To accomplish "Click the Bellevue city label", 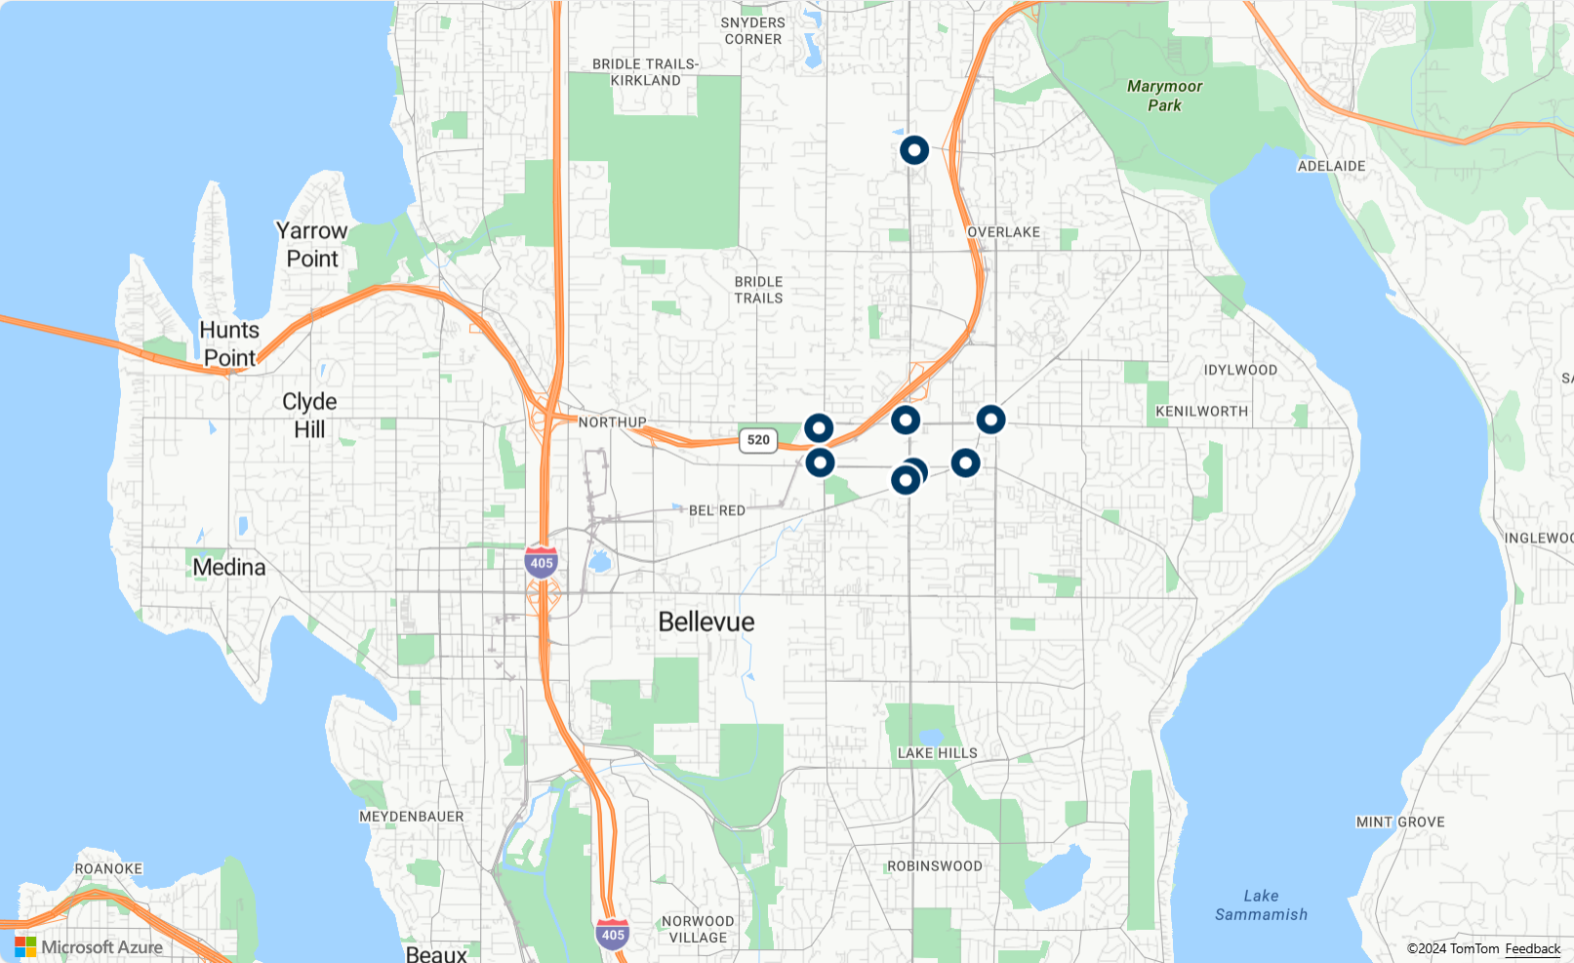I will pos(706,622).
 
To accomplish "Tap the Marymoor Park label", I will pos(1164,96).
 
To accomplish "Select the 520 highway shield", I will pos(758,440).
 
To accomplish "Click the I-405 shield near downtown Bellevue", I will pos(541,563).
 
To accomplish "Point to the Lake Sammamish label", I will pos(1261,904).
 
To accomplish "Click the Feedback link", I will pos(1532,948).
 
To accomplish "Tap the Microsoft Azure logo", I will pos(89,946).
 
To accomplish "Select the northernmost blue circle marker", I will pos(913,150).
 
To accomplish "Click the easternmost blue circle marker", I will pos(990,420).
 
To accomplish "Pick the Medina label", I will pos(229,567).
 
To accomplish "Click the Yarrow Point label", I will pos(311,245).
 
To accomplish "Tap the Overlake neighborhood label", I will pos(1003,232).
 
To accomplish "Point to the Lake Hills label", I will pos(937,753).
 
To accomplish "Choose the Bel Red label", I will pos(716,510).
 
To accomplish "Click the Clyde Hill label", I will pos(309,415).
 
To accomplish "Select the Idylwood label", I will pos(1239,370).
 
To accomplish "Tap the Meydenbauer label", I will pos(411,817).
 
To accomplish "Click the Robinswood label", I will pos(934,866).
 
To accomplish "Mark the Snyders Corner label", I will pos(752,31).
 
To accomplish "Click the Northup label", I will pos(612,422).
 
